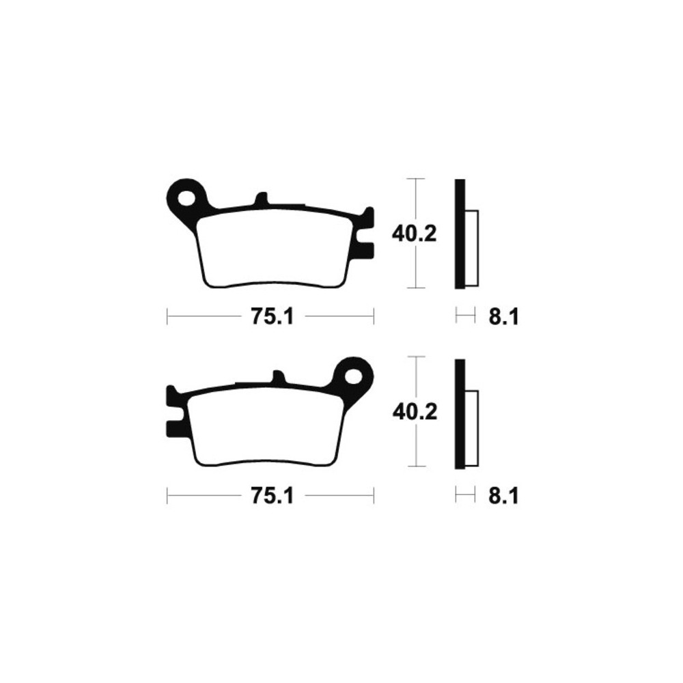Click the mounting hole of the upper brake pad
pos(186,198)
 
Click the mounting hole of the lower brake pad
pos(354,376)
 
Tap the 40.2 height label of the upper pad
pos(414,234)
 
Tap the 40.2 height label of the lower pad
pos(415,412)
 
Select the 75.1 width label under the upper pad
pos(273,317)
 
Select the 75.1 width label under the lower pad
pos(273,496)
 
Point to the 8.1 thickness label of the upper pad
pos(503,317)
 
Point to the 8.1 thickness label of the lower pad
pos(503,496)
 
